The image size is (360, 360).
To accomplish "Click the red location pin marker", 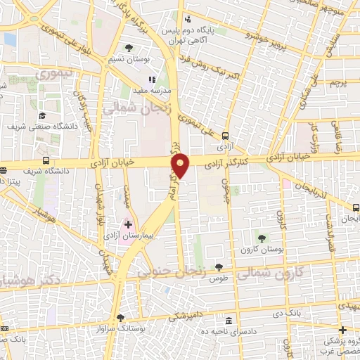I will coord(181,165).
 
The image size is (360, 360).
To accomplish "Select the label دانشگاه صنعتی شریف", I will coord(41,127).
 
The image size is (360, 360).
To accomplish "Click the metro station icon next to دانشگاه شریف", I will coord(46,160).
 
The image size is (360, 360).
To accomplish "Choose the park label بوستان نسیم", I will coord(129,60).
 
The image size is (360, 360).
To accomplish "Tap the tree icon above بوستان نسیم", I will coord(129,48).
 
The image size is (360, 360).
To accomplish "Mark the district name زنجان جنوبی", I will coord(173,268).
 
